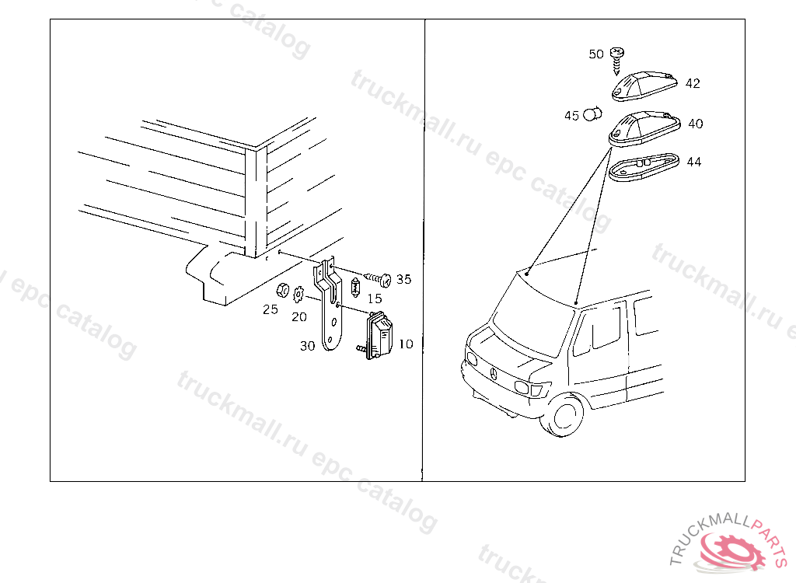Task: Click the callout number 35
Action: pos(403,279)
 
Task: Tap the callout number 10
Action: pos(406,344)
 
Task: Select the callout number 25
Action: pos(271,309)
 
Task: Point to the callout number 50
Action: pos(596,54)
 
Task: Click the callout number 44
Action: pos(694,162)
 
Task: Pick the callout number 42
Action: pos(693,83)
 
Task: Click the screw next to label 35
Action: pos(379,279)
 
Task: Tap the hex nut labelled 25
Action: pos(282,291)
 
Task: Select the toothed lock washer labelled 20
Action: pos(298,294)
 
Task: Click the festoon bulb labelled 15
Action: pos(355,288)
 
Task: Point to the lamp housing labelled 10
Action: pos(379,335)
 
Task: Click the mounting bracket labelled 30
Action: pos(329,305)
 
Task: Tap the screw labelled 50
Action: pos(616,61)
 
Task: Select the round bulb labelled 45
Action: pos(592,114)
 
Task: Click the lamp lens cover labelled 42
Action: pos(644,86)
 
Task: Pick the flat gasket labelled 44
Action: pos(644,167)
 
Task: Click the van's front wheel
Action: pos(563,416)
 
